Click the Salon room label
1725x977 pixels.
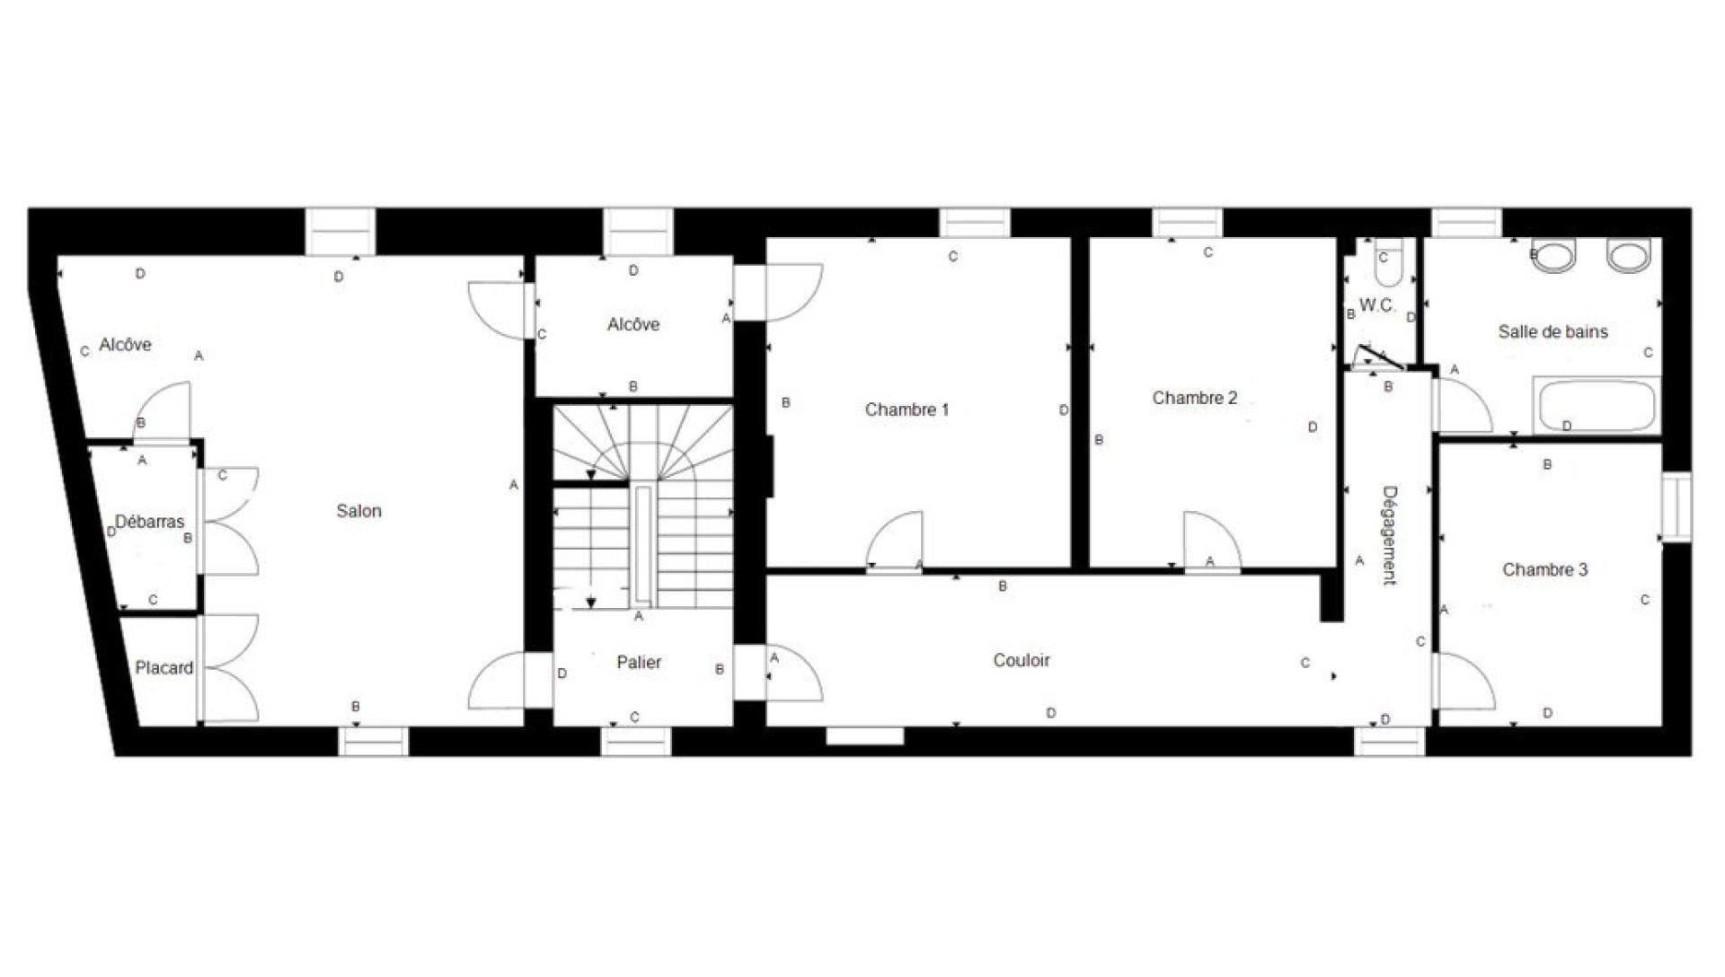[x=358, y=511]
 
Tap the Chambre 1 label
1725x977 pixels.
[x=907, y=409]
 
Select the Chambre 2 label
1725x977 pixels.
[x=1195, y=398]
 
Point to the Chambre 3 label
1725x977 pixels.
[x=1544, y=569]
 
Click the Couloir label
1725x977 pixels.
[x=1022, y=660]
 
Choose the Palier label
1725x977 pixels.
[x=639, y=662]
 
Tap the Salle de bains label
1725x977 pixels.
[x=1552, y=331]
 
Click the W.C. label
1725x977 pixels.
[x=1377, y=305]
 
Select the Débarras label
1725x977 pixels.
[x=149, y=522]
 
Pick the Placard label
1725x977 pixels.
[x=164, y=668]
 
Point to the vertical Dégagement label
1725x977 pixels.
[x=1389, y=535]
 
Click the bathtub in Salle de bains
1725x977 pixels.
[x=1596, y=406]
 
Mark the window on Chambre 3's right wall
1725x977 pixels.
[x=1676, y=507]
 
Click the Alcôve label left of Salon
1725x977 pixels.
[x=125, y=345]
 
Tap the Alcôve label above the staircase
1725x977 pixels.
[x=633, y=324]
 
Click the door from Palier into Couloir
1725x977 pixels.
[x=792, y=673]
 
